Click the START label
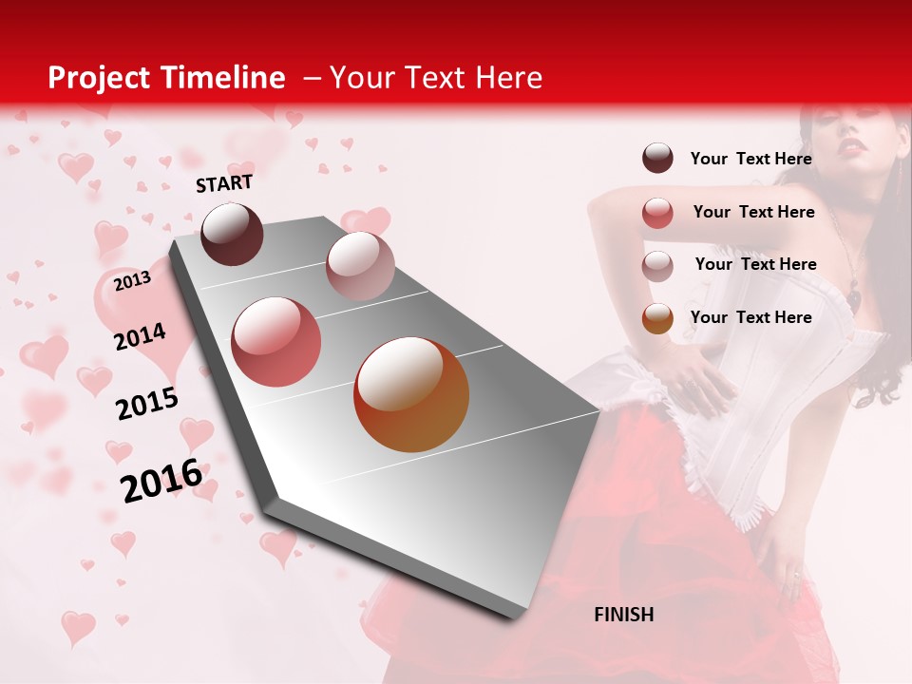click(224, 182)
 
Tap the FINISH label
click(624, 615)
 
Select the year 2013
click(132, 280)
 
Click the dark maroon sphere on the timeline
click(233, 234)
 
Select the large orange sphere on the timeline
click(411, 394)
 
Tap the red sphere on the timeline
click(276, 342)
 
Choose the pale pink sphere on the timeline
click(360, 266)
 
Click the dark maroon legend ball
click(657, 158)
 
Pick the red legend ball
click(657, 213)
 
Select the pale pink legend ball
click(657, 266)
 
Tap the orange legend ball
click(657, 318)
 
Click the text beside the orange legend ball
click(750, 317)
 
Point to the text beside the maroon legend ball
click(750, 159)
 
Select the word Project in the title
click(99, 78)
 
